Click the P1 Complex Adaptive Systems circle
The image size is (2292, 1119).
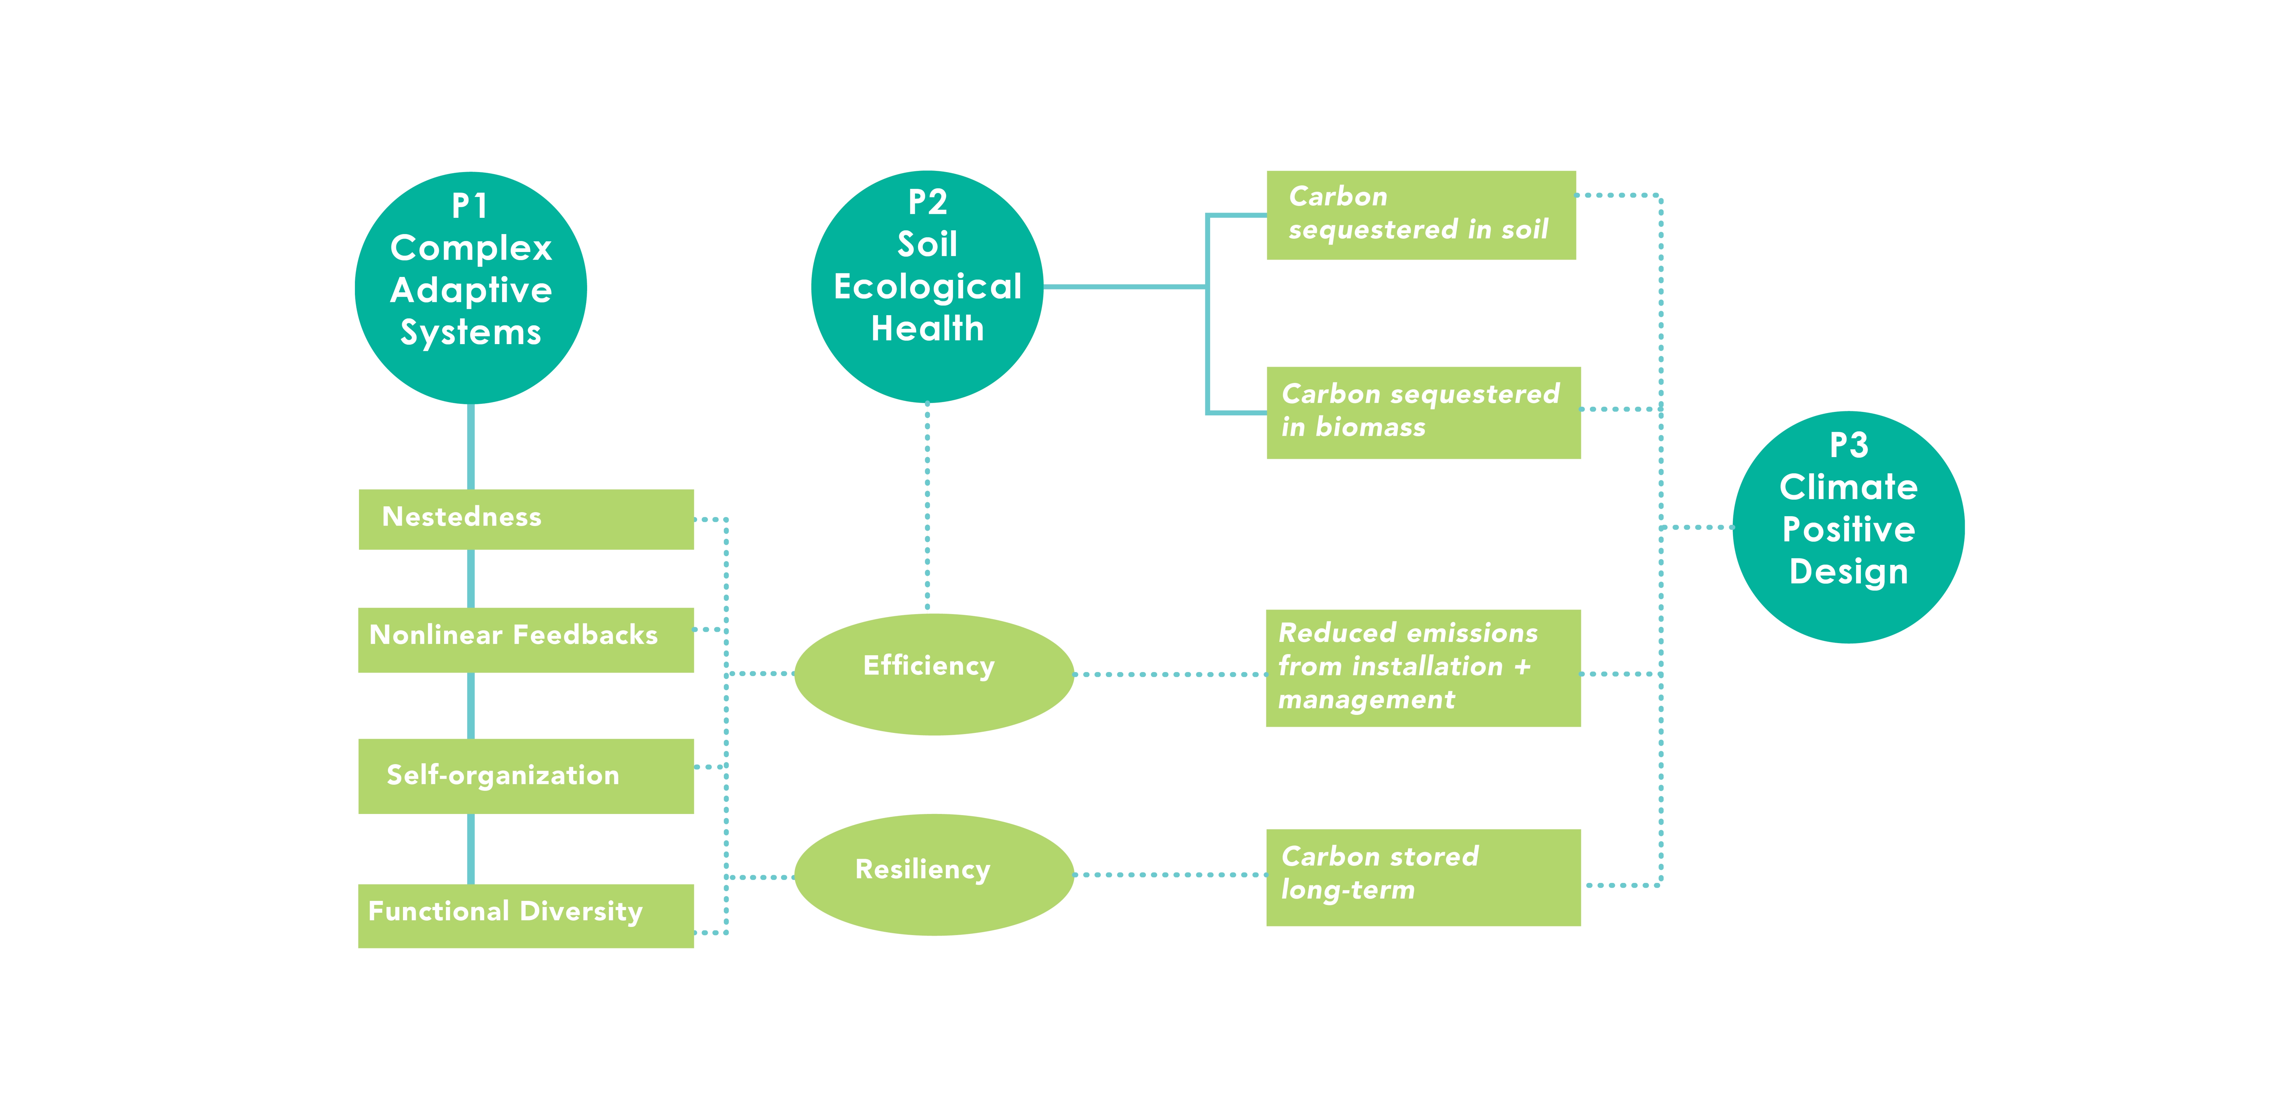[x=471, y=288]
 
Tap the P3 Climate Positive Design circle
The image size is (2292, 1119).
[x=1848, y=527]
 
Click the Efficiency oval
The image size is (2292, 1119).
[x=933, y=674]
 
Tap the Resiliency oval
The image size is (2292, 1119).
[x=933, y=874]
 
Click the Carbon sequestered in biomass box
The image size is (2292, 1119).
[x=1423, y=412]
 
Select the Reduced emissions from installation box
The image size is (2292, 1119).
[x=1423, y=668]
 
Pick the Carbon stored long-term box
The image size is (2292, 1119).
[x=1423, y=877]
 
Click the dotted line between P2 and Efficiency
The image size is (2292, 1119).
[x=927, y=508]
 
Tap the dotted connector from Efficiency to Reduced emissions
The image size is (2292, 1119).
[x=1170, y=674]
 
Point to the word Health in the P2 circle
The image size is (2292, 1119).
[x=927, y=328]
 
